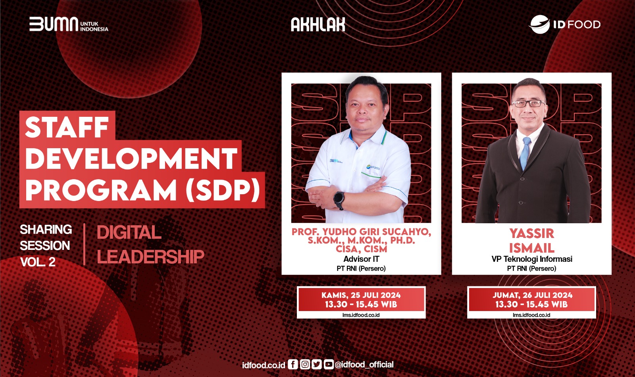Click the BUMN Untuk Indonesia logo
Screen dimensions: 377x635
(x=68, y=24)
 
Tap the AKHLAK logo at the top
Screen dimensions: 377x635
(x=318, y=25)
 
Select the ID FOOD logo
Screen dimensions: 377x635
(x=565, y=25)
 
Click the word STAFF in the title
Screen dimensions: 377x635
(x=67, y=127)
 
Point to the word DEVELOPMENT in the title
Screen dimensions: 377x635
(x=131, y=158)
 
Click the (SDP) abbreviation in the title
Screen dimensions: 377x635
(x=223, y=189)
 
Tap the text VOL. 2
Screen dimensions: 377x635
(x=38, y=262)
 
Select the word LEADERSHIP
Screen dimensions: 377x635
(x=150, y=257)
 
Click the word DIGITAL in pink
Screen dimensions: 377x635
(x=129, y=232)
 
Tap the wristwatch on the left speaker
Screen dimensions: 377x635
(x=339, y=199)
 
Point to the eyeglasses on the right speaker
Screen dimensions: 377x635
(x=528, y=104)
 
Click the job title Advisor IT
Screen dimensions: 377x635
(x=361, y=259)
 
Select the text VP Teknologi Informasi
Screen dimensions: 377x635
(x=532, y=259)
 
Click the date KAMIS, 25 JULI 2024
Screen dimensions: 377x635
(x=361, y=295)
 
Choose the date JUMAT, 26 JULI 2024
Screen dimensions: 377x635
(x=532, y=295)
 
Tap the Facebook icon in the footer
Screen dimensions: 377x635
(x=293, y=364)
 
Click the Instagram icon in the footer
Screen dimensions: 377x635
(x=305, y=364)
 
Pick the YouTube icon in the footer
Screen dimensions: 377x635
(x=329, y=364)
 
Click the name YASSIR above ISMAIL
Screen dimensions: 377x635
(x=532, y=233)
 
